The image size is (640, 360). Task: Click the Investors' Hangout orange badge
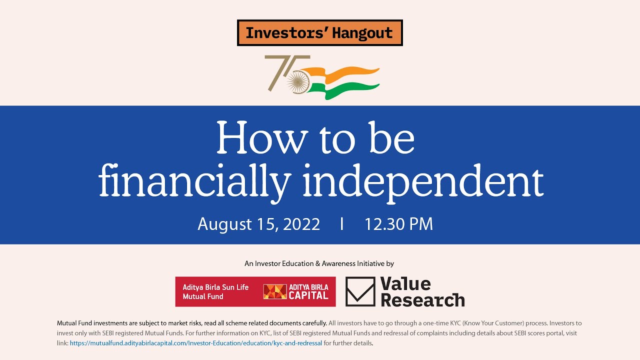pos(319,33)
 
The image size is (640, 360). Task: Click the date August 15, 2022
pos(258,224)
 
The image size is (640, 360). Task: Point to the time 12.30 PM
pos(398,224)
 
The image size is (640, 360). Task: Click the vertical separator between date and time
pos(342,224)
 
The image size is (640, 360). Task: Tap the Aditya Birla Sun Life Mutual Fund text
pos(215,292)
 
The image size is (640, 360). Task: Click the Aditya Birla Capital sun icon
pos(275,292)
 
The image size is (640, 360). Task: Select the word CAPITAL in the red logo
pos(308,295)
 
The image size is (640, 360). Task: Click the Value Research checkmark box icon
pos(360,291)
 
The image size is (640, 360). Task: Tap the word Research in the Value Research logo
pos(422,300)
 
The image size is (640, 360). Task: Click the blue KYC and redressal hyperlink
pos(196,343)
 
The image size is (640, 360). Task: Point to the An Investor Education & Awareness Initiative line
pos(319,263)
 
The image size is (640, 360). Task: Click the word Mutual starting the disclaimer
pos(67,323)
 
